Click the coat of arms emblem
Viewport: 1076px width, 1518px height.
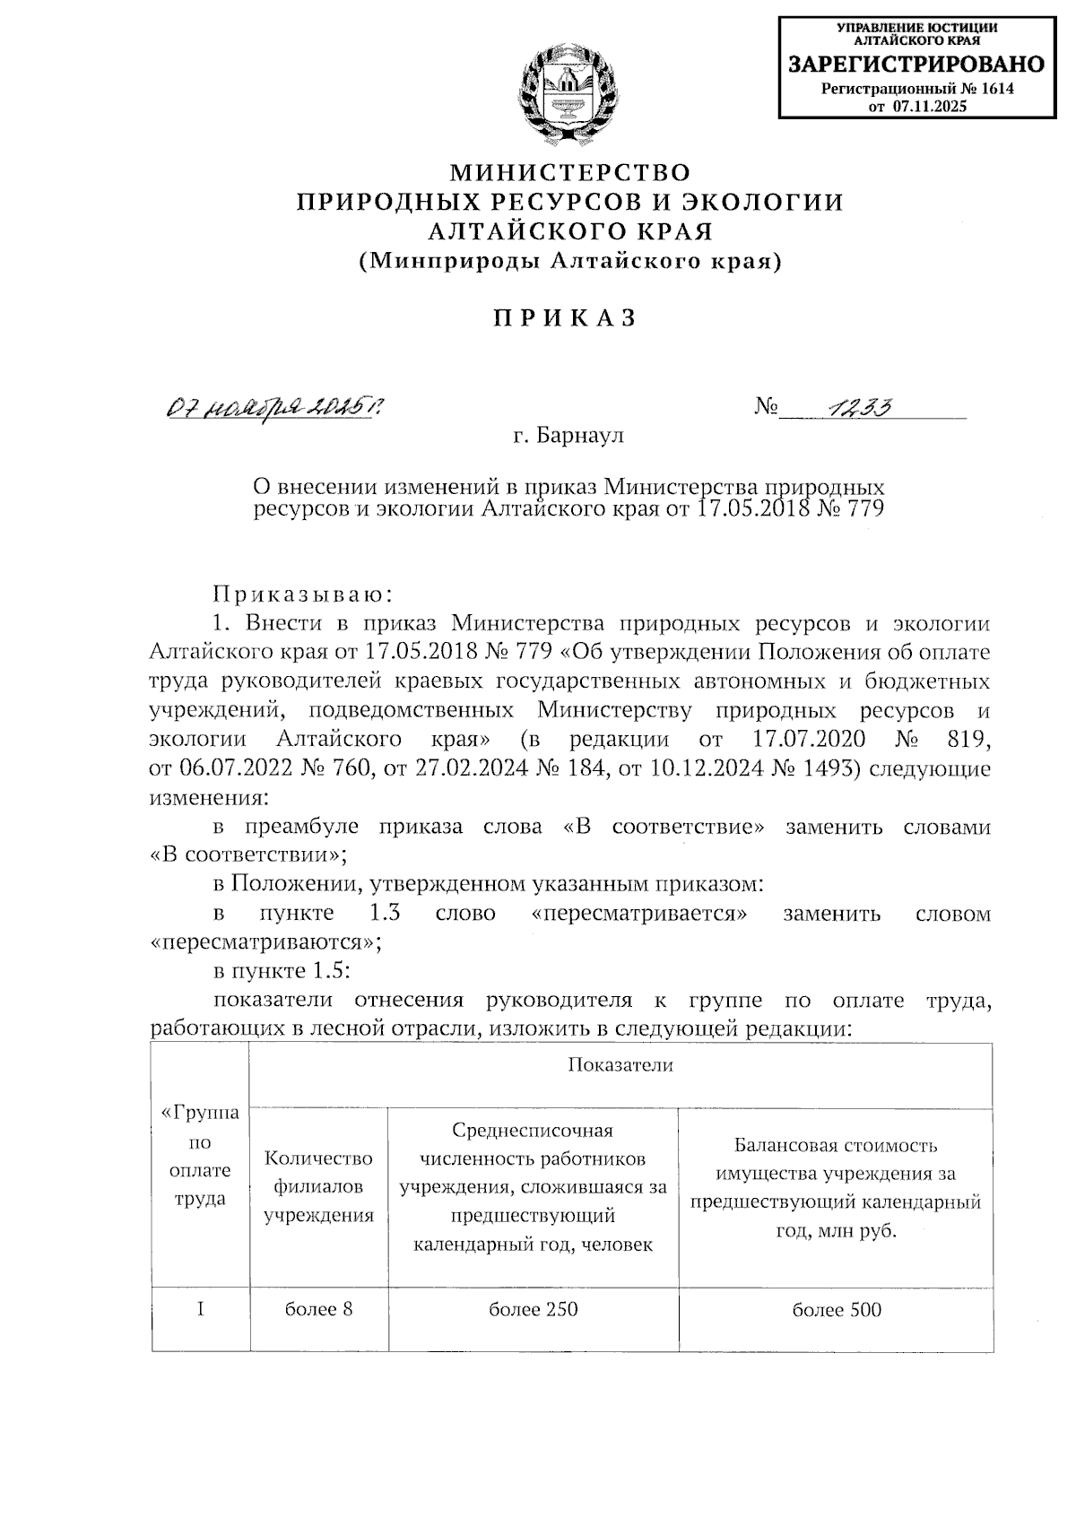(x=569, y=97)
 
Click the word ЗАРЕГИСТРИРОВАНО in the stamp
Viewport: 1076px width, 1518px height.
(x=915, y=65)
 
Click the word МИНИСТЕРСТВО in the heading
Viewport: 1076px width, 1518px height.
(x=569, y=171)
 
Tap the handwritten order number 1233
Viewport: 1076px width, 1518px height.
(x=859, y=409)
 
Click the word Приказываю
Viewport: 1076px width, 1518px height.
(x=300, y=594)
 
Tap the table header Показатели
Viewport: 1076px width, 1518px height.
(x=620, y=1065)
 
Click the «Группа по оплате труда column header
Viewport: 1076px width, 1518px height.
(x=200, y=1156)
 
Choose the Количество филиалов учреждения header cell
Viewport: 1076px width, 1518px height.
(x=318, y=1186)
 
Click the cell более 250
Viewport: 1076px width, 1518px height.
(x=533, y=1308)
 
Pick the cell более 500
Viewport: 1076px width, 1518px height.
(x=836, y=1309)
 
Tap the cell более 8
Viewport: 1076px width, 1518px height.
(x=318, y=1308)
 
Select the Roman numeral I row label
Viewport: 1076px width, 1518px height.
(x=200, y=1308)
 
